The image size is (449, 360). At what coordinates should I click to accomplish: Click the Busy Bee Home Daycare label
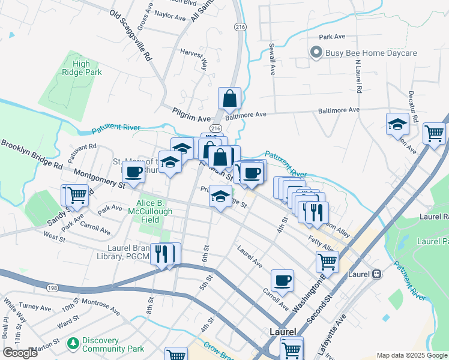click(x=371, y=53)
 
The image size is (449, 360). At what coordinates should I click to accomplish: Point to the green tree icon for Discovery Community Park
click(x=73, y=344)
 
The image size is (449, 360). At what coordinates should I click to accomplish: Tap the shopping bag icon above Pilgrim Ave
click(x=230, y=98)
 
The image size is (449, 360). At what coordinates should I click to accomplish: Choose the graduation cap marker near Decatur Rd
click(x=397, y=125)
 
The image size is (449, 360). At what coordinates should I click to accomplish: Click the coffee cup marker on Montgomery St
click(x=133, y=172)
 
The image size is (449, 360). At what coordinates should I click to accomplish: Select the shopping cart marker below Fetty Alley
click(x=328, y=261)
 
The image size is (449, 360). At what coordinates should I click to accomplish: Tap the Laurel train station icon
click(x=376, y=274)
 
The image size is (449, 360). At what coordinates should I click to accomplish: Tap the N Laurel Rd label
click(x=358, y=76)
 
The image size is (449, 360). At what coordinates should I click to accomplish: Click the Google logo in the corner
click(x=20, y=353)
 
